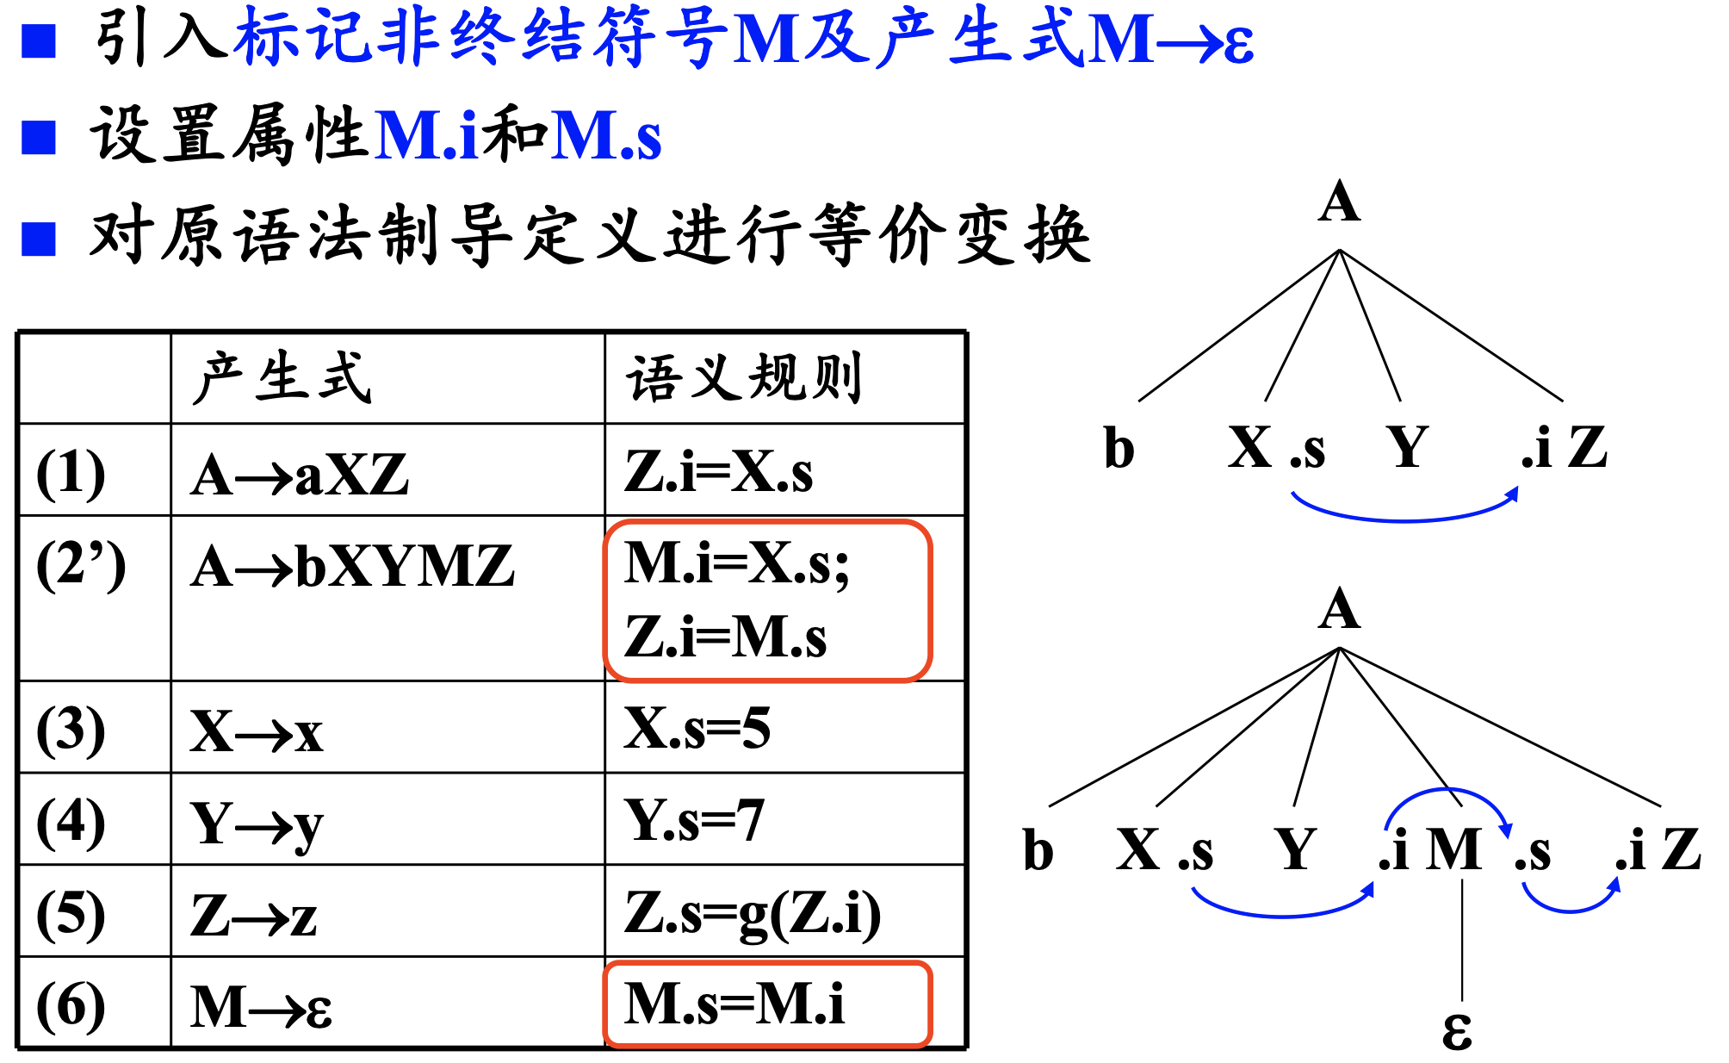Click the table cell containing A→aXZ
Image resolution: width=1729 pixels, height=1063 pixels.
click(x=300, y=475)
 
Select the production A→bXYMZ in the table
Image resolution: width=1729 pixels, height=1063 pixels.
click(x=352, y=567)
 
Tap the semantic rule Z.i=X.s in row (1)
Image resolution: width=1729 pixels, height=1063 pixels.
click(x=718, y=472)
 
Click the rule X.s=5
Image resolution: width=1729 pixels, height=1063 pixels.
click(x=697, y=729)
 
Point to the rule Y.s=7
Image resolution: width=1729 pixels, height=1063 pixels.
click(x=693, y=820)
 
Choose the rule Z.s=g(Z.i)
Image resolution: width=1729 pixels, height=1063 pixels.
click(x=752, y=913)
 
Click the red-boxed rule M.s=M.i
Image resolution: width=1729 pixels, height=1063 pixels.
click(x=734, y=1004)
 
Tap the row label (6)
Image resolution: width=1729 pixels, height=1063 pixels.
click(x=71, y=1006)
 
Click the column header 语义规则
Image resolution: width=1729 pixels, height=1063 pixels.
click(x=744, y=378)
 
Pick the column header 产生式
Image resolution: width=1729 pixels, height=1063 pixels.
click(x=282, y=378)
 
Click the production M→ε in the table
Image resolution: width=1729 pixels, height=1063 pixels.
click(x=261, y=1007)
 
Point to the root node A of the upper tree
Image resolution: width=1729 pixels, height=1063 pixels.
click(x=1339, y=203)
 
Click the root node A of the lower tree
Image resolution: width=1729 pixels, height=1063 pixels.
click(x=1339, y=609)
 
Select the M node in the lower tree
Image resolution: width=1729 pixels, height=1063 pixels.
click(x=1454, y=849)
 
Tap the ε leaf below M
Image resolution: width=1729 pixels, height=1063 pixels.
click(x=1457, y=1029)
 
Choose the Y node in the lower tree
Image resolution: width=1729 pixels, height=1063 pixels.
click(x=1295, y=849)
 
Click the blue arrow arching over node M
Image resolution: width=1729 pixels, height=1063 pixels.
click(x=1448, y=792)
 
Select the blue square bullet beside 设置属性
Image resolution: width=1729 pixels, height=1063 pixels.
click(x=39, y=137)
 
